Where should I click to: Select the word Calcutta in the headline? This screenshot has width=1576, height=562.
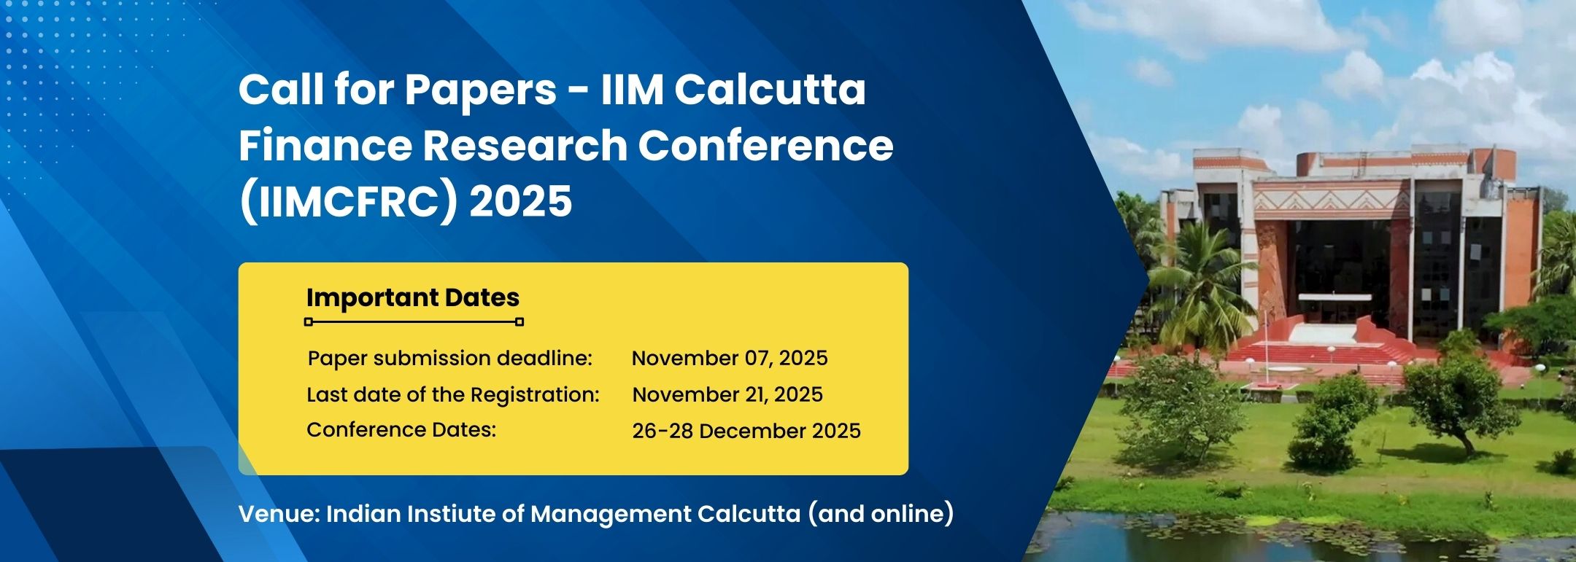tap(770, 89)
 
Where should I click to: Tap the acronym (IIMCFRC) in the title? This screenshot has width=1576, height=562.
tap(347, 201)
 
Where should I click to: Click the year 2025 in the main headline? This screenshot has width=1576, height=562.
tap(521, 200)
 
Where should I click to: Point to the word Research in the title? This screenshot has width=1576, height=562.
tap(524, 145)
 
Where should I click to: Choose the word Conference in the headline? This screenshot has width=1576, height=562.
tap(766, 145)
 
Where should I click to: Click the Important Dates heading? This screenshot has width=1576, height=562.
tap(413, 298)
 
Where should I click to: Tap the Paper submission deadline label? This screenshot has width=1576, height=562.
tap(450, 359)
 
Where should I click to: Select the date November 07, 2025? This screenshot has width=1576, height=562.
tap(730, 359)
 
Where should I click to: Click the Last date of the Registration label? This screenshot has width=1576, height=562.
tap(453, 394)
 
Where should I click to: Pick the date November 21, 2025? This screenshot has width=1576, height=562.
tap(727, 394)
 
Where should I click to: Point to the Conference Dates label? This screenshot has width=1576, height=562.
tap(401, 430)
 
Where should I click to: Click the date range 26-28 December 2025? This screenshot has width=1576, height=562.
tap(746, 431)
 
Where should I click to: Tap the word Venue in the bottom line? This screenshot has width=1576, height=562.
tap(279, 514)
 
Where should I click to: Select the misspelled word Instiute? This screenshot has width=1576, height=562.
tap(451, 514)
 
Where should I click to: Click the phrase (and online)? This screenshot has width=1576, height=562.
tap(881, 514)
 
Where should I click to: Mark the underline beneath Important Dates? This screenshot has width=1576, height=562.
tap(414, 321)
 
